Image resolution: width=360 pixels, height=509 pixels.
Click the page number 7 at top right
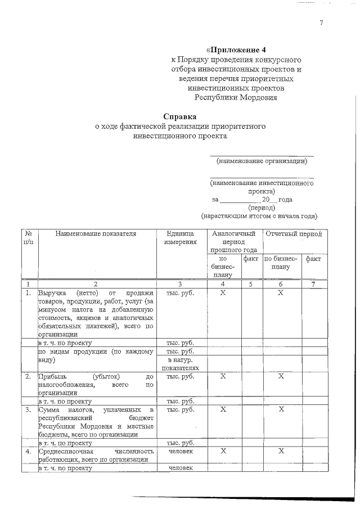321,23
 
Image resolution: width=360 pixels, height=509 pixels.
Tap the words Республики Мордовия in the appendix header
236,97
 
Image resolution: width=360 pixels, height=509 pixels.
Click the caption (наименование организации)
262,161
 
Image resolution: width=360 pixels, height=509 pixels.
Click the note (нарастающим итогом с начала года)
259,215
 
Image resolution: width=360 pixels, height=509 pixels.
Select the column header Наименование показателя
96,233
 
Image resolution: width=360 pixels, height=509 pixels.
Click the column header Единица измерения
181,238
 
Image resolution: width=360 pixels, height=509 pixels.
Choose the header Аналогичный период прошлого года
233,241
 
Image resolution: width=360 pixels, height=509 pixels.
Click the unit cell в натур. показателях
181,363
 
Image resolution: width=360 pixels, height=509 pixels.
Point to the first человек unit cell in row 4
181,451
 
